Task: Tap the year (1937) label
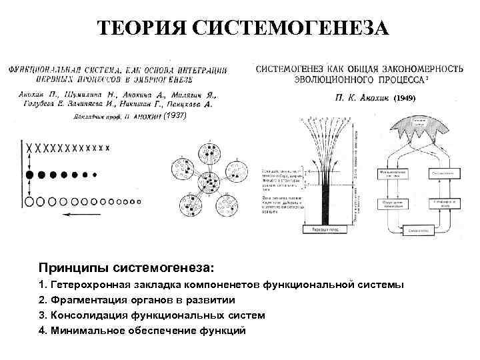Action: click(x=175, y=115)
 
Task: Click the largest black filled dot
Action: click(x=29, y=175)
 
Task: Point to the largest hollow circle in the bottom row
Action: click(x=29, y=200)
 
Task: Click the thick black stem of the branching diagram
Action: click(x=326, y=200)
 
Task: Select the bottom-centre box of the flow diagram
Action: click(x=414, y=231)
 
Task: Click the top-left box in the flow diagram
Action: click(x=394, y=173)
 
